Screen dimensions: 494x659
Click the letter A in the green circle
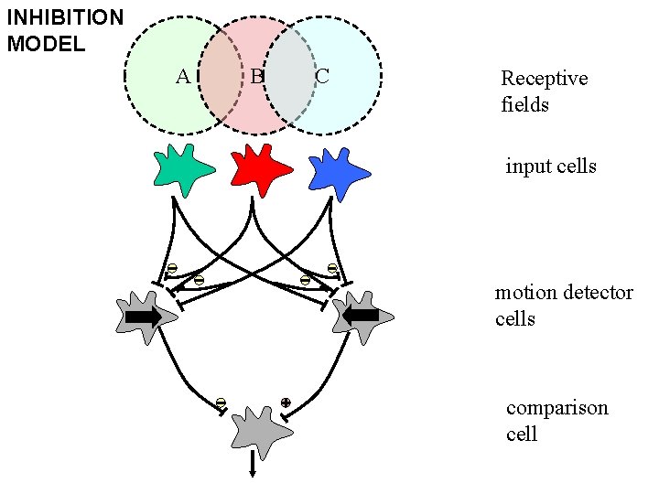183,76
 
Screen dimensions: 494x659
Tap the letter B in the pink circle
257,76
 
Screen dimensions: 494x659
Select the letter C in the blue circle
322,76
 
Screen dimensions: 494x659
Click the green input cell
184,170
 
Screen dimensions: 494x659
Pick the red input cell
260,168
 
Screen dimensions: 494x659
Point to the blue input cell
339,172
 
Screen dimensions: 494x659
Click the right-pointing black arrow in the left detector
144,317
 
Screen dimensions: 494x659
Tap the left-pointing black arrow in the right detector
362,316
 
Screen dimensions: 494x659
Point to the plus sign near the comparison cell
286,402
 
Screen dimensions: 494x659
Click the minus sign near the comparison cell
221,402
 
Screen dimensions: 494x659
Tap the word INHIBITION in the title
65,17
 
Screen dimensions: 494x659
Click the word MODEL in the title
46,44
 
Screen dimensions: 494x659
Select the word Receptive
544,79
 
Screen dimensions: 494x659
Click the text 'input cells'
551,166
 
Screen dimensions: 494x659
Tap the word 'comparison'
557,408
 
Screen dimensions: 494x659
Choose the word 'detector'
599,293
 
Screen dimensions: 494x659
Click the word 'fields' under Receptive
525,104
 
